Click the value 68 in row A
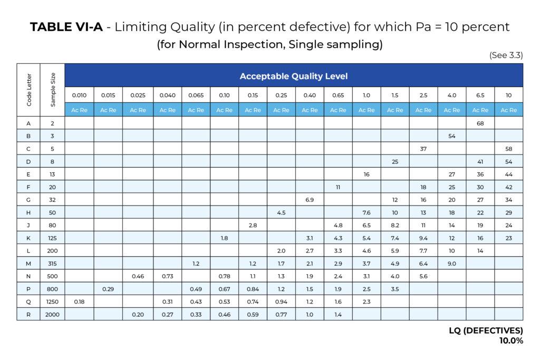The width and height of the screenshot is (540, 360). coord(480,123)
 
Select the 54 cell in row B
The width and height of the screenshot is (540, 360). coord(451,136)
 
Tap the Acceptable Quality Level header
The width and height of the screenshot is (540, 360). coord(294,76)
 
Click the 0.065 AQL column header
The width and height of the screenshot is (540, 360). coord(196,95)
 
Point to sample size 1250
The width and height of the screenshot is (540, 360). coord(52,301)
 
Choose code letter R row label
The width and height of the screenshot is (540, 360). coord(28,314)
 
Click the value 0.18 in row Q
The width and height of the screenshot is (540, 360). coord(79,301)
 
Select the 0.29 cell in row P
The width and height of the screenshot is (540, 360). coord(108,289)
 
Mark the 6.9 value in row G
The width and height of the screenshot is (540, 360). coord(310,200)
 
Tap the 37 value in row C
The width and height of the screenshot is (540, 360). coord(423,149)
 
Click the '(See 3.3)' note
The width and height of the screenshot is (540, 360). coord(506,55)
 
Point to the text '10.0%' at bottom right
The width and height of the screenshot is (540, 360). coord(511,340)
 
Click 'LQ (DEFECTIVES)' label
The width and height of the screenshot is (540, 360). coord(486,330)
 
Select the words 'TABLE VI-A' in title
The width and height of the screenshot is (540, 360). coord(65,27)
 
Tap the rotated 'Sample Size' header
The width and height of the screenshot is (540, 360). coord(53,90)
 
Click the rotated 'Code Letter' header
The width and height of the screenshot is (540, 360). coord(28,90)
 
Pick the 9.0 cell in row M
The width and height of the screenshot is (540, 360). coord(451,264)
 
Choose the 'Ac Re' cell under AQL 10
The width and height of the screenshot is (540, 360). coord(508,110)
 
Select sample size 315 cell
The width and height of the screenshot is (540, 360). coord(52,264)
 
